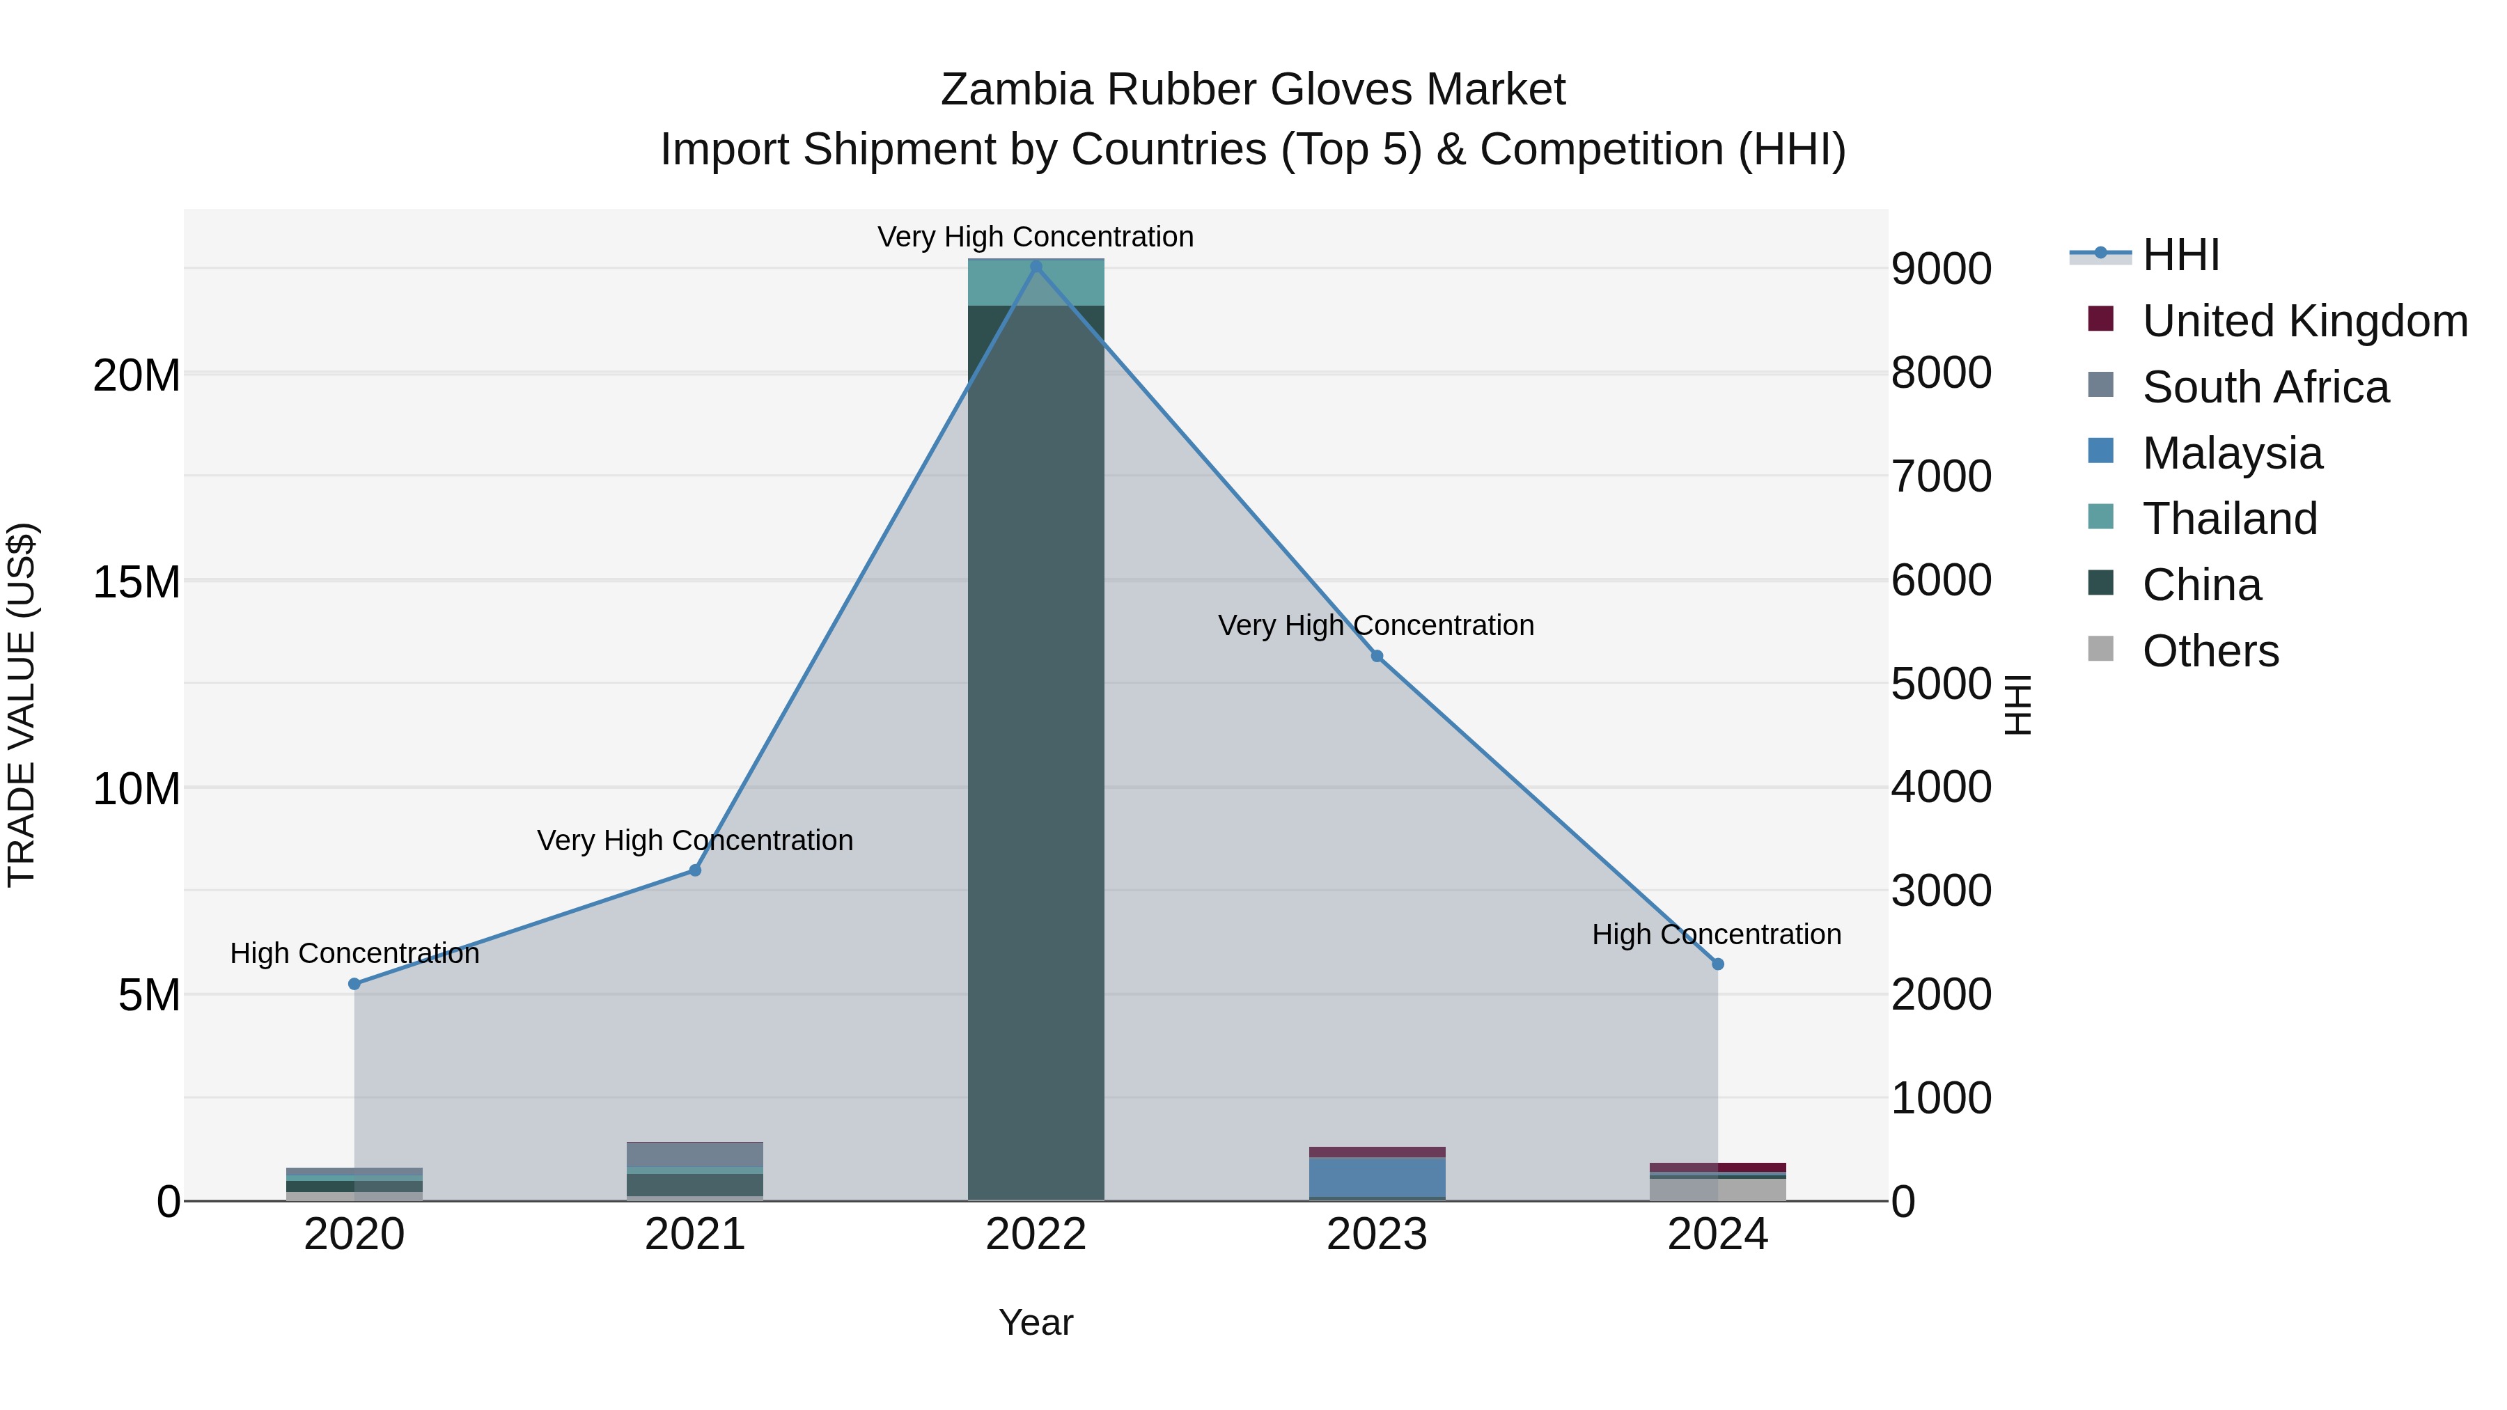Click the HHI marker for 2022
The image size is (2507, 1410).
(x=1036, y=267)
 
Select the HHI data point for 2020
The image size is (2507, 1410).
(x=354, y=984)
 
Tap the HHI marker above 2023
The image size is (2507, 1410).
(x=1377, y=656)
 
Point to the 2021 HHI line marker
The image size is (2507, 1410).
(x=695, y=870)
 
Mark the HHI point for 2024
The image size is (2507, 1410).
(x=1718, y=964)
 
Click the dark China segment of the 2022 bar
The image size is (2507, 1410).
(x=1036, y=759)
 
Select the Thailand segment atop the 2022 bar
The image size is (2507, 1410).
(x=1036, y=283)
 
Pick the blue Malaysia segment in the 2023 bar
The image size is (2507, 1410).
(x=1377, y=1177)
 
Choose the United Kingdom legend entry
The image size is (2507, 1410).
(x=2304, y=321)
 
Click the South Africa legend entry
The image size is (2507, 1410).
(x=2265, y=387)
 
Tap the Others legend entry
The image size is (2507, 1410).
(x=2210, y=651)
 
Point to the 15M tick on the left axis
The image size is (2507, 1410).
(x=137, y=582)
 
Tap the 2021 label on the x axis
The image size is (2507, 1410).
(x=695, y=1235)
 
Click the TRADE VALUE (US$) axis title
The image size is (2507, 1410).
(x=22, y=705)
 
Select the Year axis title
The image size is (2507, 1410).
(x=1036, y=1322)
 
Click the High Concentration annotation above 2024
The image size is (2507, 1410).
(x=1717, y=934)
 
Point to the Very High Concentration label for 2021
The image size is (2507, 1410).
(x=695, y=840)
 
